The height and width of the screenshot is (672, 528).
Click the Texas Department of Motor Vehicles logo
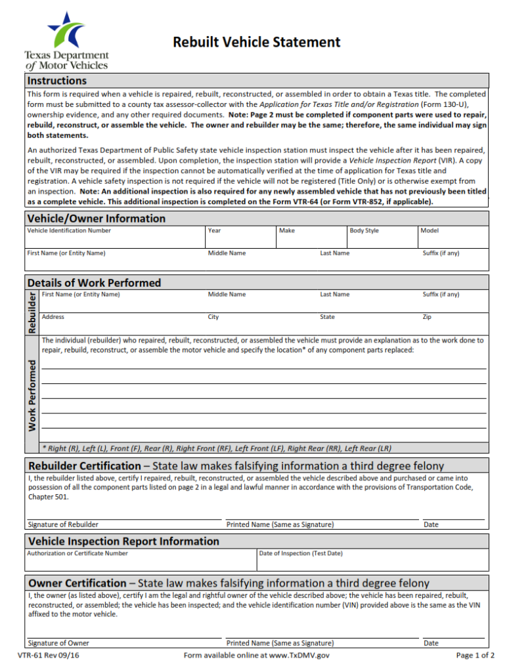point(66,41)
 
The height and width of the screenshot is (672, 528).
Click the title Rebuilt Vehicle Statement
point(256,42)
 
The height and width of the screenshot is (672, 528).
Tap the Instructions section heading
point(57,81)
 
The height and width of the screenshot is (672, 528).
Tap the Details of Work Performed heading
point(94,283)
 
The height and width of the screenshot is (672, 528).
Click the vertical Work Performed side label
point(32,394)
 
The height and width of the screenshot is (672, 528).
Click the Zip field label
point(427,317)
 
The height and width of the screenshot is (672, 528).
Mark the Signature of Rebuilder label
point(63,524)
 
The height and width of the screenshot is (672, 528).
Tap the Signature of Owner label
point(58,643)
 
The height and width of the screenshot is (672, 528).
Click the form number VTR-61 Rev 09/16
point(49,655)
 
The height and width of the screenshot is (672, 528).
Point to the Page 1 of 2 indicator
point(475,655)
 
